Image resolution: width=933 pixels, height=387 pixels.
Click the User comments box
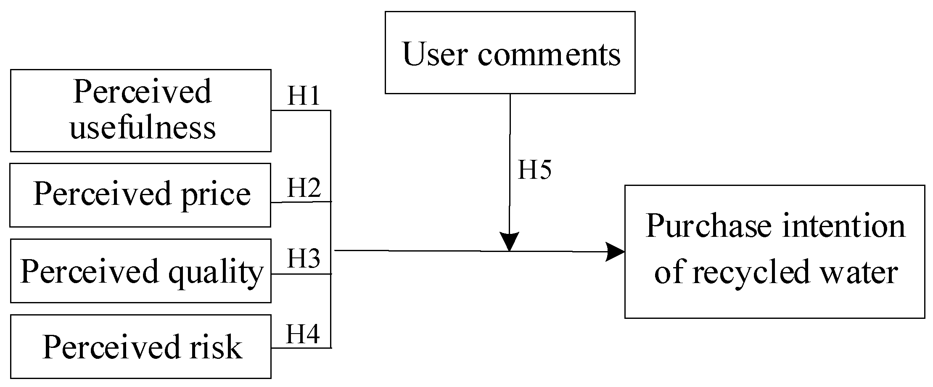[510, 53]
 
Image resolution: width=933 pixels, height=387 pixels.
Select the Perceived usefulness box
[140, 110]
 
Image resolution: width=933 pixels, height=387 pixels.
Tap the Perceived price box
[140, 195]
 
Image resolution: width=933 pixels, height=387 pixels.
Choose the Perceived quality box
[140, 270]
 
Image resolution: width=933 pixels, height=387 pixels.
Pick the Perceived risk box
[140, 346]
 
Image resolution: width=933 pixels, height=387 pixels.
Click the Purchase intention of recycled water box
[774, 251]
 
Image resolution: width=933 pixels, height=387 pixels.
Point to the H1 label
[304, 96]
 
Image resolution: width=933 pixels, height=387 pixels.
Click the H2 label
[304, 188]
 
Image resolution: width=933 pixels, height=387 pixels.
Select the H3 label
[304, 258]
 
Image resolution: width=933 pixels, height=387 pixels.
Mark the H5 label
[534, 170]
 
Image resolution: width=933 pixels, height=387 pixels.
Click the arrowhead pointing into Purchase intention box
[616, 252]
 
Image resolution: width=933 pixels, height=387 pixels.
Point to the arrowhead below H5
[510, 241]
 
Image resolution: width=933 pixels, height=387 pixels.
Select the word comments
[549, 55]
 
